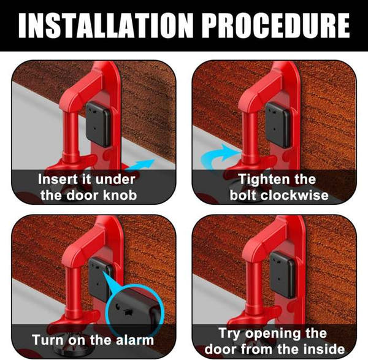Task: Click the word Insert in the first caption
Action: (58, 180)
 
